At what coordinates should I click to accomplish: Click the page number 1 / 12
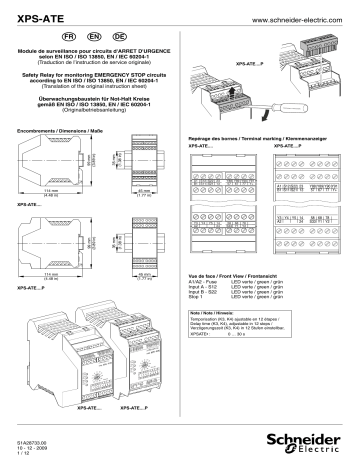pyautogui.click(x=22, y=451)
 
